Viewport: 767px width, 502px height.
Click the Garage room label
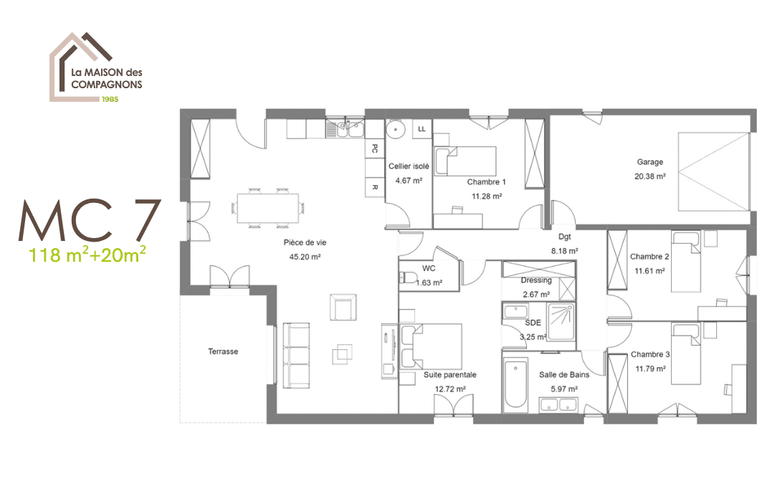[649, 162]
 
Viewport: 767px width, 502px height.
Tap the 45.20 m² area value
[305, 256]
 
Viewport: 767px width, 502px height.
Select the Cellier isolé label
[409, 166]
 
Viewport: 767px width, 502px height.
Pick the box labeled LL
[421, 128]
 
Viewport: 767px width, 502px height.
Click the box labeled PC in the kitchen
[374, 148]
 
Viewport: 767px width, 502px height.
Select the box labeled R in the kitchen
[374, 186]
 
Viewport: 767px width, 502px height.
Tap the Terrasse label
[223, 351]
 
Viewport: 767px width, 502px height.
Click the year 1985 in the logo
[110, 98]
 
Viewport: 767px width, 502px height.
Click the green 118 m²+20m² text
[88, 254]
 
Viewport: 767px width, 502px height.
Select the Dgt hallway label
[565, 236]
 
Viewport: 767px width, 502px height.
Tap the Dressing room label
[535, 280]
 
